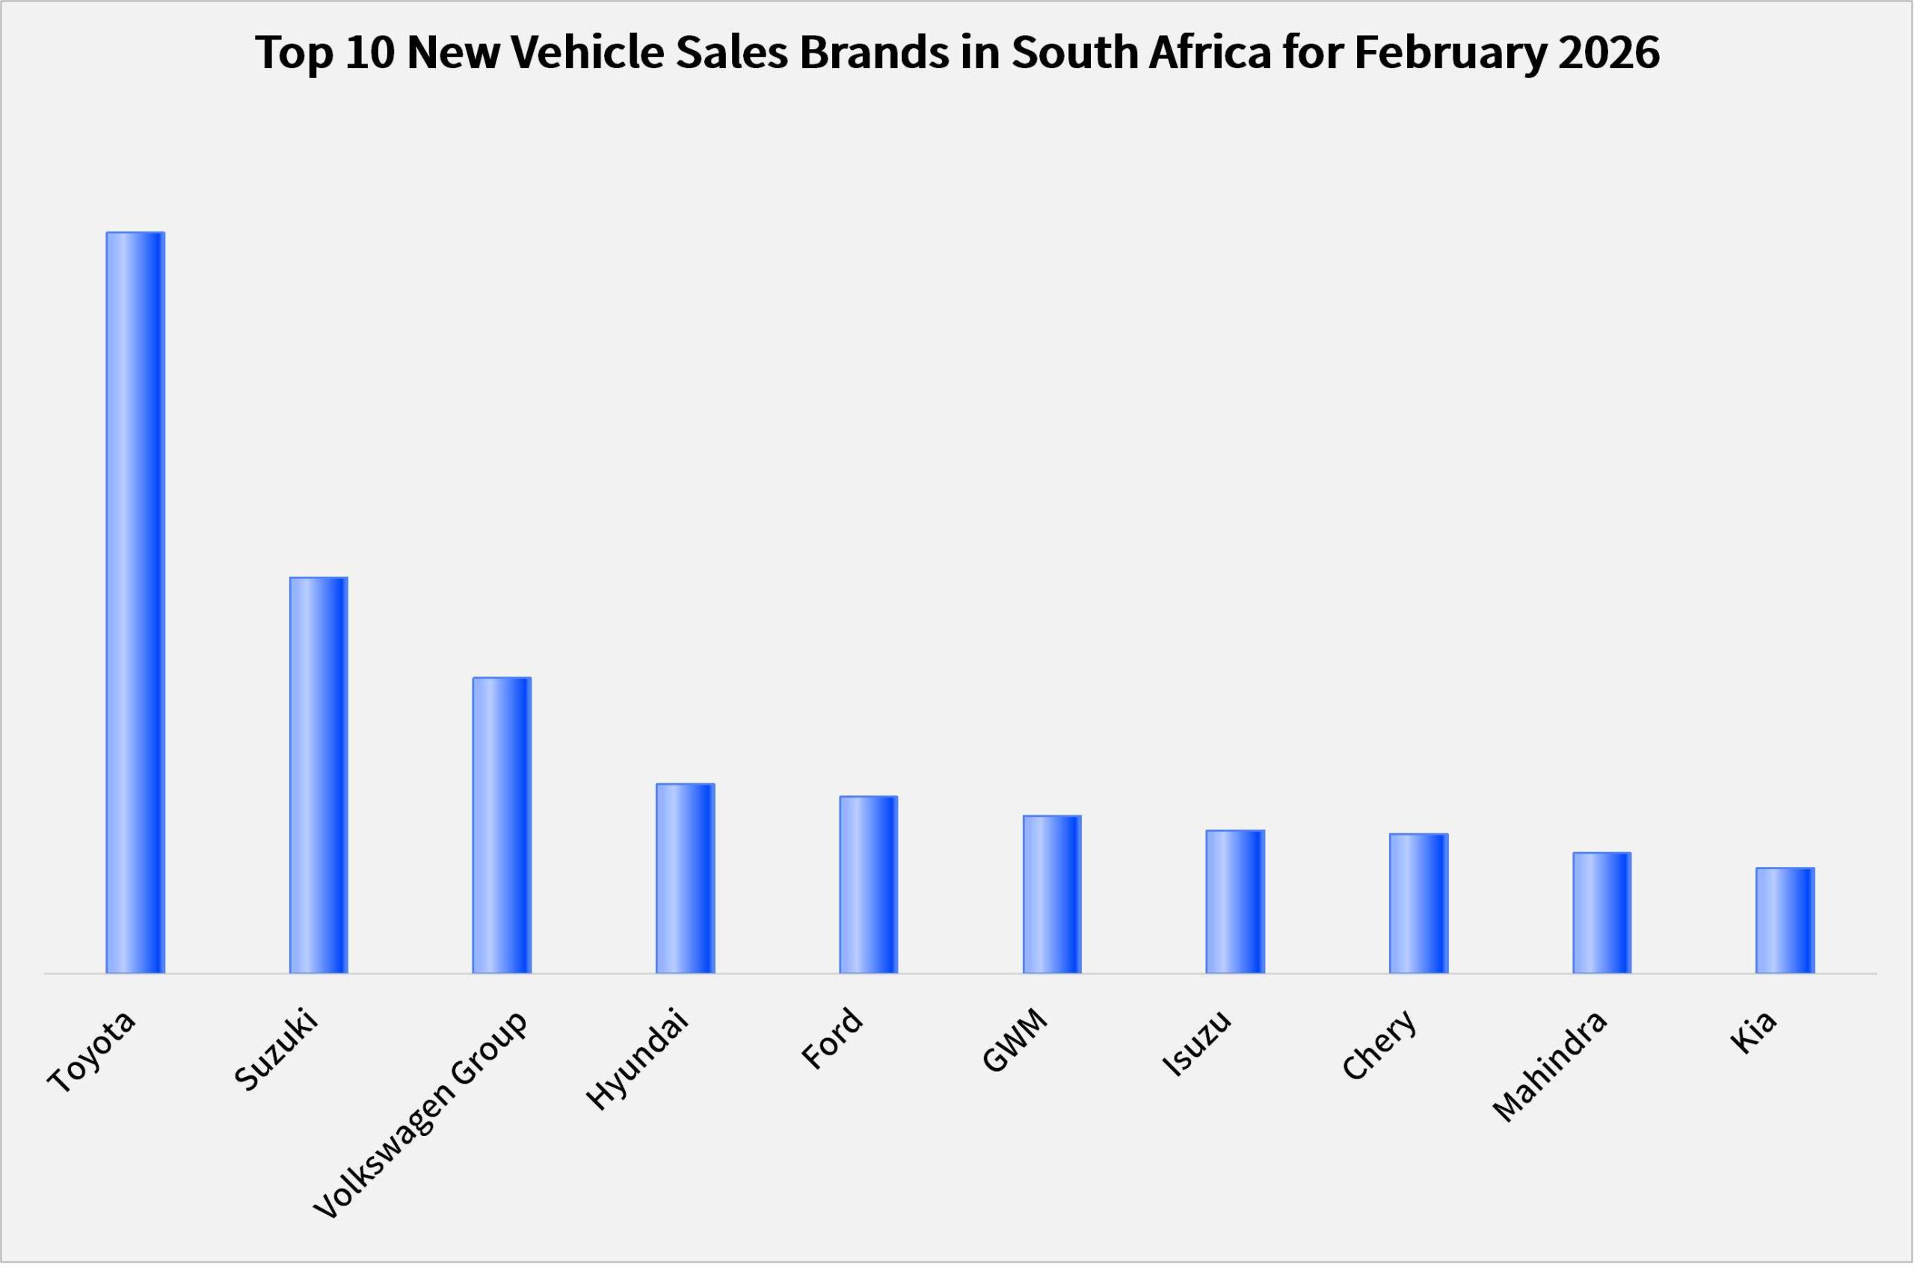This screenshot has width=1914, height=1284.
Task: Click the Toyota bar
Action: [135, 604]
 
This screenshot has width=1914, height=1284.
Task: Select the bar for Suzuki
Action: [319, 777]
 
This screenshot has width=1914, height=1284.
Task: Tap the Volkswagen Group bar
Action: [502, 827]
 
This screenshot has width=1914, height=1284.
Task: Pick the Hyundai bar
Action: [686, 880]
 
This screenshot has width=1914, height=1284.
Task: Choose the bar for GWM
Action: [1052, 896]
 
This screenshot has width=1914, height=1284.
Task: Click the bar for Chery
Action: [1418, 905]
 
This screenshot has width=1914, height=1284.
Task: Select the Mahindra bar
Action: [1602, 914]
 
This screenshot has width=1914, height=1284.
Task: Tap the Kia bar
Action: [1785, 922]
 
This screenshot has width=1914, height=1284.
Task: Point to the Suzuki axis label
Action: [275, 1052]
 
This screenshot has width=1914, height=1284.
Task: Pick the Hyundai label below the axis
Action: [637, 1061]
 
